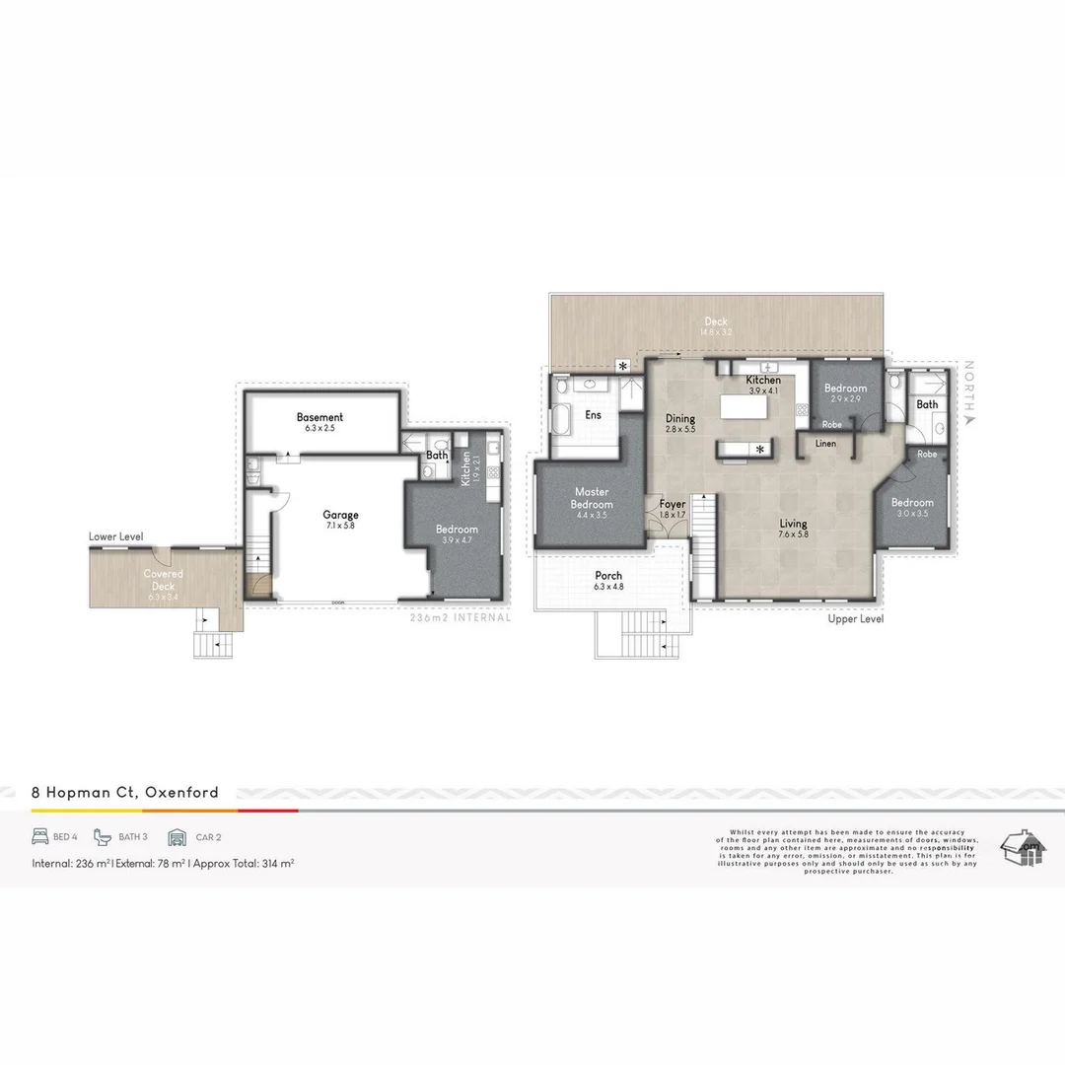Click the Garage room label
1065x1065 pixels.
pyautogui.click(x=340, y=515)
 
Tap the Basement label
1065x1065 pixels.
pyautogui.click(x=319, y=417)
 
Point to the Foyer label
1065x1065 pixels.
pyautogui.click(x=672, y=505)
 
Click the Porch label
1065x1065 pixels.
pyautogui.click(x=608, y=576)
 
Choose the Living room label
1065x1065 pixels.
pyautogui.click(x=793, y=525)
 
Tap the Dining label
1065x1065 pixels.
pyautogui.click(x=680, y=419)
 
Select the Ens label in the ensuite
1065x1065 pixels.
pyautogui.click(x=593, y=415)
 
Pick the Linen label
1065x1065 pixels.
pyautogui.click(x=825, y=444)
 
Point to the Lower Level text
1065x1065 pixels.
pyautogui.click(x=115, y=536)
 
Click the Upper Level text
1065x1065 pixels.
pyautogui.click(x=856, y=618)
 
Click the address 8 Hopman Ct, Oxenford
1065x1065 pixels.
pyautogui.click(x=125, y=792)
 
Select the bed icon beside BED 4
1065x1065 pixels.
pyautogui.click(x=40, y=836)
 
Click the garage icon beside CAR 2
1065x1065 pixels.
pyautogui.click(x=177, y=837)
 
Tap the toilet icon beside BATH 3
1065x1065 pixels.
pyautogui.click(x=103, y=836)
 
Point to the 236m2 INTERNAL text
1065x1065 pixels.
pyautogui.click(x=461, y=618)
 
